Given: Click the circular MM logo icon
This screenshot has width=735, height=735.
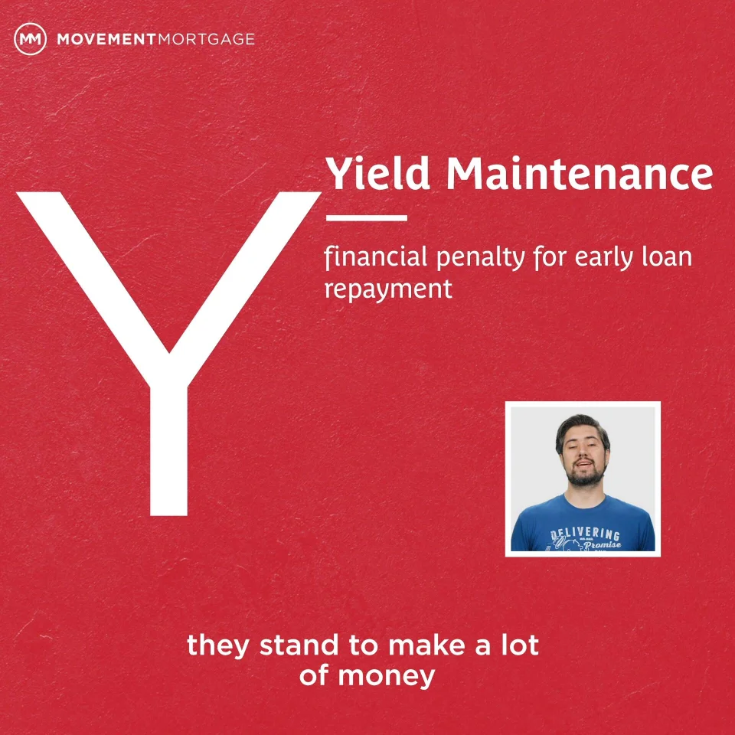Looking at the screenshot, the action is point(31,39).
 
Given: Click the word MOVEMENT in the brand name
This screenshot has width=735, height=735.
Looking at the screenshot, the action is point(106,39).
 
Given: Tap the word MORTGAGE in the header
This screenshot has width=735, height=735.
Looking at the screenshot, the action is point(206,39).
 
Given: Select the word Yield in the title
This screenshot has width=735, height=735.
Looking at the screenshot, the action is point(377,174).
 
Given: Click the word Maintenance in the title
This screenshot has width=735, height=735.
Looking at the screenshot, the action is point(580,174).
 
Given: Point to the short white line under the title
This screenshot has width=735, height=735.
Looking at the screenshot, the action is point(367,218).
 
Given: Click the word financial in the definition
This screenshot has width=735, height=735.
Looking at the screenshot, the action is point(375,257).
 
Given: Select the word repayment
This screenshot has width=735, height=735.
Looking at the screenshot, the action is point(389,289).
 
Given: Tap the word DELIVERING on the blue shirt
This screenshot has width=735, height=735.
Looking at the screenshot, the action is point(585,534).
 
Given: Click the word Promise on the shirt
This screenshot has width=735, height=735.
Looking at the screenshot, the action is point(603,544).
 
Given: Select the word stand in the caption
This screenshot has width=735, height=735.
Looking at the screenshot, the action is point(299,645).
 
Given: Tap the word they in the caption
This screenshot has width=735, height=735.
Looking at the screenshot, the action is point(218,646).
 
